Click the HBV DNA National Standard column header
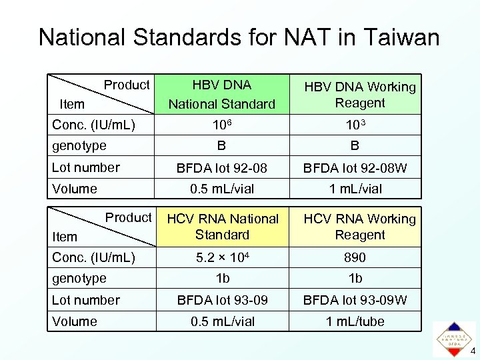click(222, 94)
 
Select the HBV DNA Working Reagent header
click(360, 95)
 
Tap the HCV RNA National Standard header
click(222, 227)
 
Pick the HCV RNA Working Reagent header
click(360, 227)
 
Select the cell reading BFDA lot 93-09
click(222, 300)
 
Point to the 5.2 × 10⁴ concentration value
click(222, 257)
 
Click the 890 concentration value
click(355, 257)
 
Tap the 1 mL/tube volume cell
click(355, 321)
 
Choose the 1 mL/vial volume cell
click(355, 189)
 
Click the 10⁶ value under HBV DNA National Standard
click(222, 125)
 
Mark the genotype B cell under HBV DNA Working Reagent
click(355, 145)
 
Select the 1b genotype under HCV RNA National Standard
click(222, 278)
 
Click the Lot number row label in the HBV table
click(86, 167)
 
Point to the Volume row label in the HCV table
click(75, 321)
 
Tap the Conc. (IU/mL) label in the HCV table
click(93, 257)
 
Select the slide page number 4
click(473, 351)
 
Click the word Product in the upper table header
click(127, 85)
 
